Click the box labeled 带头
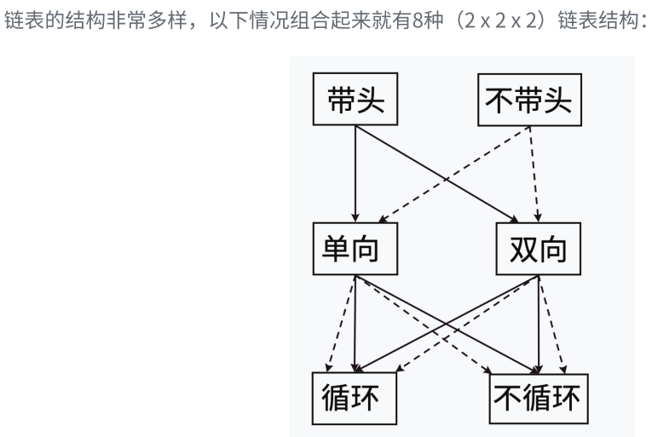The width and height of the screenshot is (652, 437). (x=355, y=101)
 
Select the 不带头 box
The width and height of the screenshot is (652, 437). (x=528, y=101)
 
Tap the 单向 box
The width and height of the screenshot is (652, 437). (x=355, y=249)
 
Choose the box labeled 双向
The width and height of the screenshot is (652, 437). (x=538, y=249)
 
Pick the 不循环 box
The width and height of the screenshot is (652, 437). (x=538, y=396)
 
